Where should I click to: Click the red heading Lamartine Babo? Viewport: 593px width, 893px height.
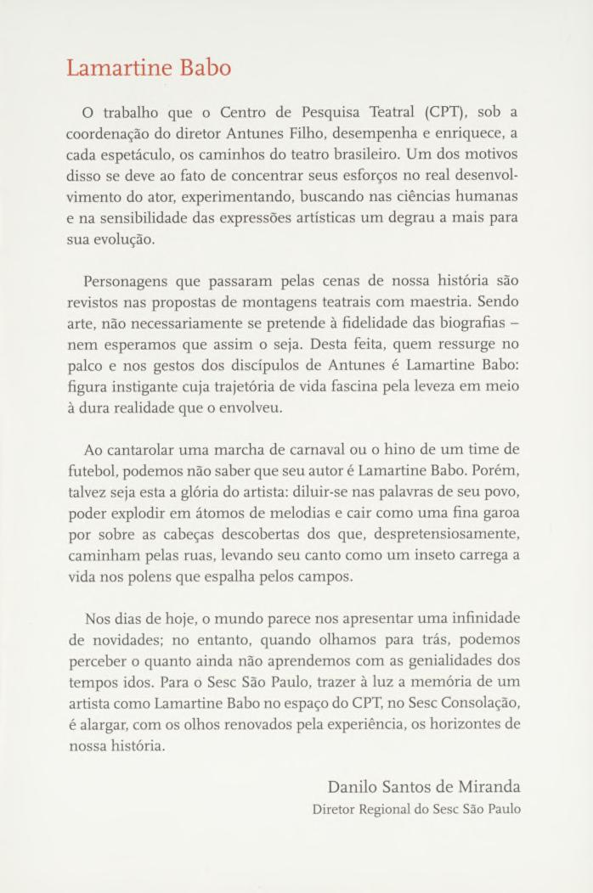tap(149, 68)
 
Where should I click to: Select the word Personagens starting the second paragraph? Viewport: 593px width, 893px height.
tap(127, 280)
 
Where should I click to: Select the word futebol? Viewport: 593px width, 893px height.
tap(93, 471)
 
